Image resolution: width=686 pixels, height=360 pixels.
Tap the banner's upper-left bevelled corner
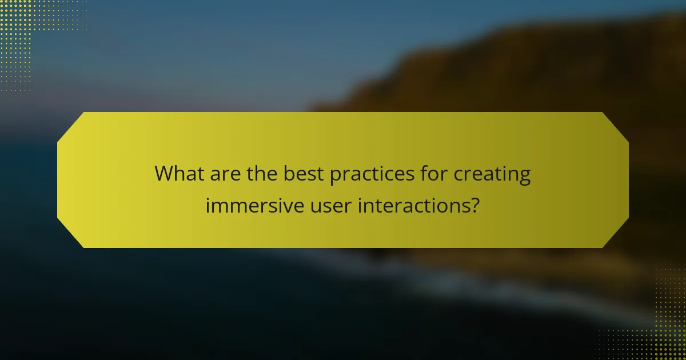tap(70, 125)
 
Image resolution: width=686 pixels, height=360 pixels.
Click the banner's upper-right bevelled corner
tap(616, 125)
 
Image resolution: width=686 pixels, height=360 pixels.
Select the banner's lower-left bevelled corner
tap(70, 235)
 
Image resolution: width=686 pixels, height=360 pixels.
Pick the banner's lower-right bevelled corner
tap(616, 235)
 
